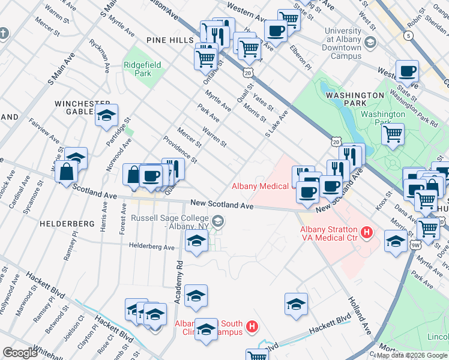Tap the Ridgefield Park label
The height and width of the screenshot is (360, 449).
[137, 69]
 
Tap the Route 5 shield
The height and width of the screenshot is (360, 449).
[409, 37]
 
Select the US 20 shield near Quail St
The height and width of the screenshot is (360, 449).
[248, 72]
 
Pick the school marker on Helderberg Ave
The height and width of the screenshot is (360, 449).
[196, 242]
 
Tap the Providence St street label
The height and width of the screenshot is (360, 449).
[179, 149]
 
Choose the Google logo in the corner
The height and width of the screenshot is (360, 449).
[20, 353]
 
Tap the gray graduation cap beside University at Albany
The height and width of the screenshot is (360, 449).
[371, 42]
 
